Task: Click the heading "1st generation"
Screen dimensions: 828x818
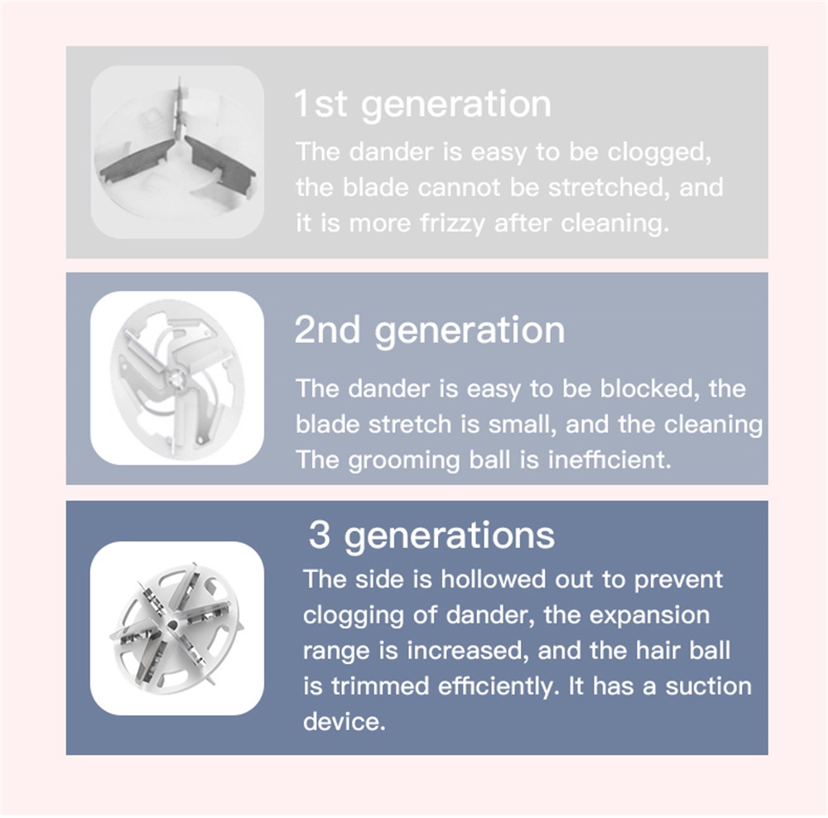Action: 422,104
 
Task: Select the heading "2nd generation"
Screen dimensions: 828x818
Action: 429,330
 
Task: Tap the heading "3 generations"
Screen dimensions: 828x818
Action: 431,536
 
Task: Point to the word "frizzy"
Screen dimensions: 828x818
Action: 452,224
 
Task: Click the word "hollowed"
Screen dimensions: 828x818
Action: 493,580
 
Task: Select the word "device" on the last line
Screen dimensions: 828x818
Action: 344,721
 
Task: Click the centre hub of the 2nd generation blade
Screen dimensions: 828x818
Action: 175,378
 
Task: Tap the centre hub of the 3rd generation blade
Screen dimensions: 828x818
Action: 172,625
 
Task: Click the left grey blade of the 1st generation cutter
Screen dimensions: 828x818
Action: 138,160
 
